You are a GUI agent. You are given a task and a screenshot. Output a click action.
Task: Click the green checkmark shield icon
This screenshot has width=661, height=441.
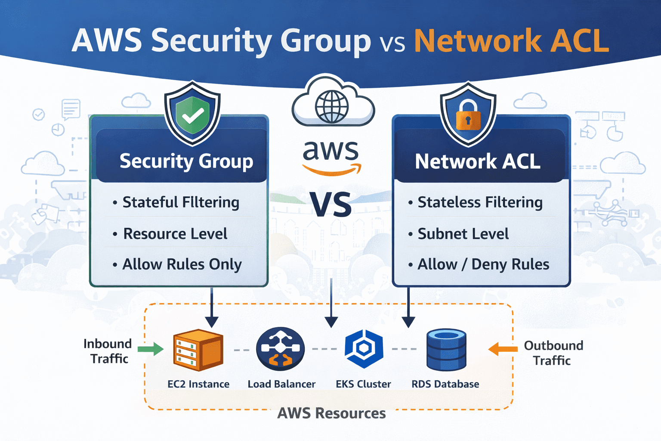tap(192, 115)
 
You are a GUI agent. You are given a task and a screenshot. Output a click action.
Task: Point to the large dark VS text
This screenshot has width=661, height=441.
tap(331, 205)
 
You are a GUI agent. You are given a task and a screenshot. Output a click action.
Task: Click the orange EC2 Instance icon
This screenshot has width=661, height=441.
tap(198, 350)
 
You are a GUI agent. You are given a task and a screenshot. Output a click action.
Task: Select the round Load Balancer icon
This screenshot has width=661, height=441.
tap(280, 349)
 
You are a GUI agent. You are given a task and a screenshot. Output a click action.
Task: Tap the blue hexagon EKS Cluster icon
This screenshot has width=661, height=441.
tap(364, 349)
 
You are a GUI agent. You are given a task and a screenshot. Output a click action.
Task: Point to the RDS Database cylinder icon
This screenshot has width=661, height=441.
tap(446, 350)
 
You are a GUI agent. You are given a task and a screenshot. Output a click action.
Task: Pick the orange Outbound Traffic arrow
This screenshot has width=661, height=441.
tap(503, 349)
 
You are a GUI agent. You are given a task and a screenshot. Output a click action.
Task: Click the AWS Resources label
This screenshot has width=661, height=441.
tap(331, 413)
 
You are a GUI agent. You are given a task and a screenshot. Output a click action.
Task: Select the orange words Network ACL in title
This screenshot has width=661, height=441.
tap(511, 41)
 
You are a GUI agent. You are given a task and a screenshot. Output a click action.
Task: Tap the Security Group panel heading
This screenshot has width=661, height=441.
tap(186, 161)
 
